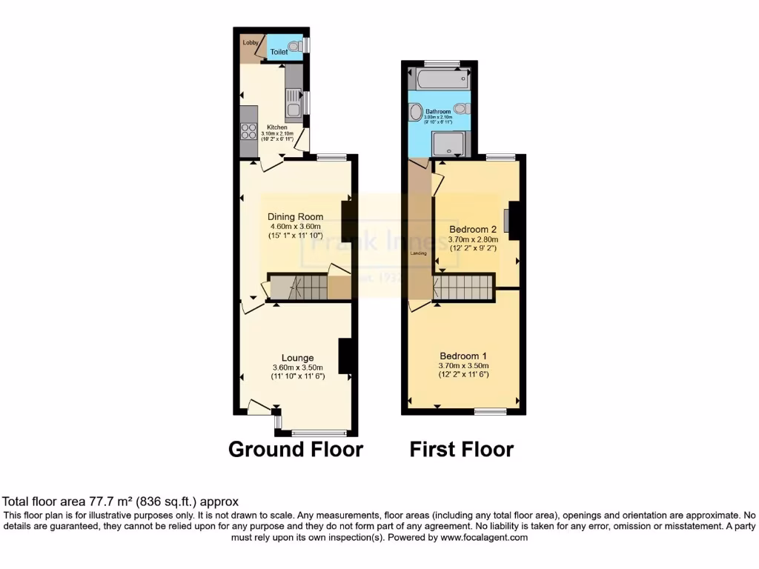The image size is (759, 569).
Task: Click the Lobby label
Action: (x=250, y=42)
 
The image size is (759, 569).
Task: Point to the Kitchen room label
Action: (x=276, y=127)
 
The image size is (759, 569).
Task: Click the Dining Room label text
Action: (x=296, y=217)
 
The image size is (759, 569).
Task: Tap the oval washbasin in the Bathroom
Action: (x=414, y=113)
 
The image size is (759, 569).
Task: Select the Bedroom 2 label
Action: (x=472, y=229)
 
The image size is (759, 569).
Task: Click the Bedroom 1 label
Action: (x=463, y=354)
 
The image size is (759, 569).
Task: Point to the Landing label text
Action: (x=418, y=253)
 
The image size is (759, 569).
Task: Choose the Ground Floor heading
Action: (x=295, y=449)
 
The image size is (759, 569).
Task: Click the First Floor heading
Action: (x=461, y=449)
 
